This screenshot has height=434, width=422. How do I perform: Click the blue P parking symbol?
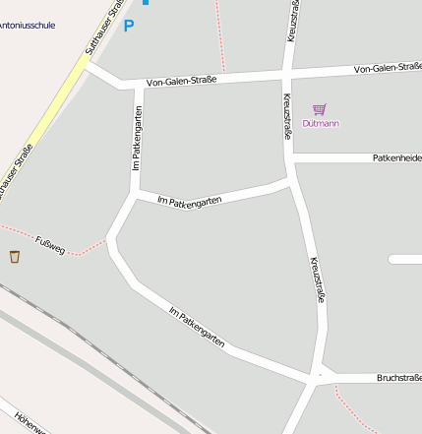[x=128, y=26]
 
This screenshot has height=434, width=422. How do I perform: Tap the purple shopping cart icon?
[x=319, y=109]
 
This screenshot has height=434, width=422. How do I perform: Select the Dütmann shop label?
[x=320, y=124]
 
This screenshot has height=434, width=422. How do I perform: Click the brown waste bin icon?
[x=15, y=257]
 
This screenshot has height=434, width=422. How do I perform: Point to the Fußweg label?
[x=49, y=245]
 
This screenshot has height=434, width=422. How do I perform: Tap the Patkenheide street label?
[x=396, y=157]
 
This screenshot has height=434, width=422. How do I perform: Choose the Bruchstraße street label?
[x=398, y=378]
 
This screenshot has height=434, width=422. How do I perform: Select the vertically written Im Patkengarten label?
[x=137, y=139]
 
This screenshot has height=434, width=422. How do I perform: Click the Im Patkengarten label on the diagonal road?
[x=197, y=329]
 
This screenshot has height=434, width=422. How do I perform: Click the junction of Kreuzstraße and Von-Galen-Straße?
[x=286, y=74]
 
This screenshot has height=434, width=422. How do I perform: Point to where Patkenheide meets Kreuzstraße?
[x=292, y=157]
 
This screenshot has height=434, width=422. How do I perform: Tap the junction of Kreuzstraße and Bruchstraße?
[x=318, y=377]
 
